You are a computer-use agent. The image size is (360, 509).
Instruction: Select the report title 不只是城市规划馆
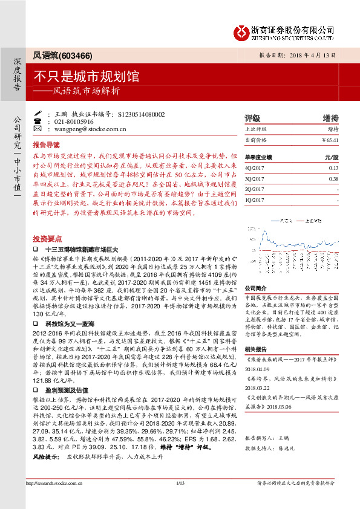[86, 77]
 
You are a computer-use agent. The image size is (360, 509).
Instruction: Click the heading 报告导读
[47, 145]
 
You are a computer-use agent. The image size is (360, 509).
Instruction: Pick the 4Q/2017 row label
[255, 167]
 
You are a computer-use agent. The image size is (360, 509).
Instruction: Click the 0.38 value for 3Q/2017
[333, 178]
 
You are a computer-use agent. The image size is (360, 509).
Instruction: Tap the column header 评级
[252, 118]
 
